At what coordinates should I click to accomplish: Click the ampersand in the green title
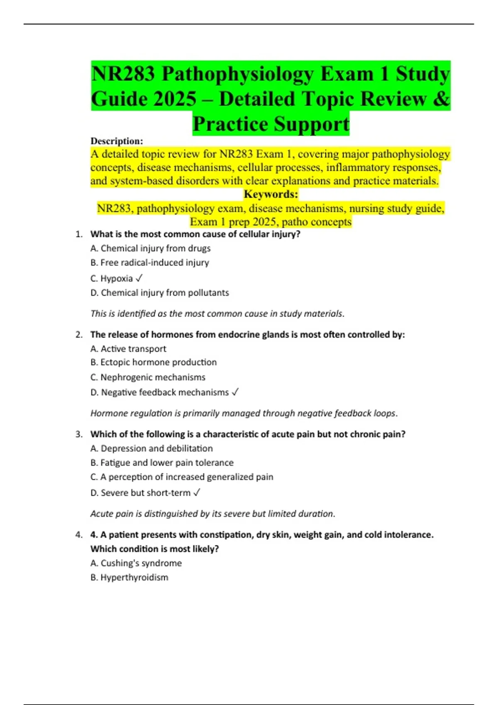[443, 99]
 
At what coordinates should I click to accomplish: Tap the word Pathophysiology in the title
[237, 74]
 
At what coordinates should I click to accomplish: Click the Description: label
[117, 141]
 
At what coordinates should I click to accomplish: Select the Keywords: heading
[271, 194]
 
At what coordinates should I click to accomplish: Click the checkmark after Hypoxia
[139, 278]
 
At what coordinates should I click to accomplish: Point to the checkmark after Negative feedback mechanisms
[235, 392]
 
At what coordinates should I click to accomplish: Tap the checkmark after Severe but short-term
[197, 492]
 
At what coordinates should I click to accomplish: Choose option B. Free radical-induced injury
[150, 263]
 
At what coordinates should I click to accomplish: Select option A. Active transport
[128, 349]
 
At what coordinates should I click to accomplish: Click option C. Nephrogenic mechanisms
[148, 377]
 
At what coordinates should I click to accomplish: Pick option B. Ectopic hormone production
[154, 362]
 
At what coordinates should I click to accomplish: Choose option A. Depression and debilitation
[151, 448]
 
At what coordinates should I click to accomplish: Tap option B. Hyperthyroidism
[129, 577]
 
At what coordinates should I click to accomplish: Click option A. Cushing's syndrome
[136, 563]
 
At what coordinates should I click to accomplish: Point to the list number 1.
[79, 234]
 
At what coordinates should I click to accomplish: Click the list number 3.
[79, 434]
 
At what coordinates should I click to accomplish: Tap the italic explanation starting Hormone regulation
[244, 413]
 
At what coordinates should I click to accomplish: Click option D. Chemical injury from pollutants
[160, 293]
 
